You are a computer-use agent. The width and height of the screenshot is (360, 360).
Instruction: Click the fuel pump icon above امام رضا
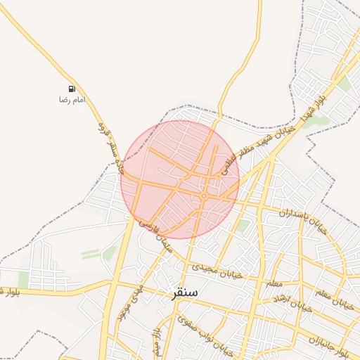coord(72,89)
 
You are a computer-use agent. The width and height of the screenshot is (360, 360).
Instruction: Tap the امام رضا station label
coord(72,100)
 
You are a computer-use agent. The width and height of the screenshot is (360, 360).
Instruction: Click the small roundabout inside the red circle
coord(203,195)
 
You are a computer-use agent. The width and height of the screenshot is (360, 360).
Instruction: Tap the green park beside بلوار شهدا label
coord(318,121)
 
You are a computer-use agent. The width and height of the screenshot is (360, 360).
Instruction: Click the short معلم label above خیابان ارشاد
coord(273,283)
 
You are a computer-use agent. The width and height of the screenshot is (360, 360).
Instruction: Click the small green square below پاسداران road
coord(243,226)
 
